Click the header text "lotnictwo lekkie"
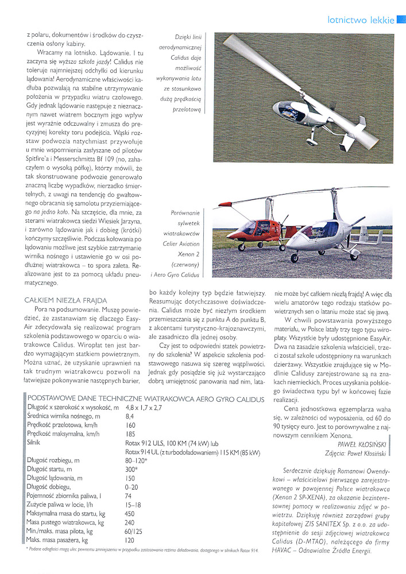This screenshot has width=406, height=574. point(360,20)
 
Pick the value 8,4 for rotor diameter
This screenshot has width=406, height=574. point(129,416)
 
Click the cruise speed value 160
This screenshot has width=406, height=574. point(130,425)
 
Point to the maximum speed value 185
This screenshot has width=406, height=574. point(130,435)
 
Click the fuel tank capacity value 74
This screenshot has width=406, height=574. point(128,495)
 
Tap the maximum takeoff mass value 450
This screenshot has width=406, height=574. point(130,513)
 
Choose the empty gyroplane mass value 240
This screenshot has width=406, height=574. point(130,522)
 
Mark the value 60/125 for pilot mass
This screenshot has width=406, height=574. point(134,531)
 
